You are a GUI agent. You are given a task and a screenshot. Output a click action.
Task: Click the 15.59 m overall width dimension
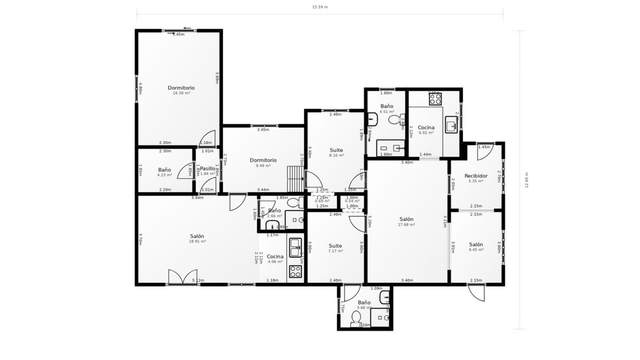(x=320, y=7)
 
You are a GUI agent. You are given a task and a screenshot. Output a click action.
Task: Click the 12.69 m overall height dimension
(x=527, y=180)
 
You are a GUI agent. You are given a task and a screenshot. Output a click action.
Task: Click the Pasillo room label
(x=207, y=169)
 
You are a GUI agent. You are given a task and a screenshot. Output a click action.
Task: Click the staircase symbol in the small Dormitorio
(x=295, y=179)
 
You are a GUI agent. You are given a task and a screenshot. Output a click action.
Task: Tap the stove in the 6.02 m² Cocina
(x=435, y=99)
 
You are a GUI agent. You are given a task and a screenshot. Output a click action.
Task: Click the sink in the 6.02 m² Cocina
(x=451, y=125)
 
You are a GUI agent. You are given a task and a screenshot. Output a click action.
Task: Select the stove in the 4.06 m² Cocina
(x=295, y=271)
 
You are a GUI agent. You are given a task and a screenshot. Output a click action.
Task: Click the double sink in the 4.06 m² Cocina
(x=295, y=247)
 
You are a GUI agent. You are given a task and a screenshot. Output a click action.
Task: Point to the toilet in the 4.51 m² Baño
(x=396, y=119)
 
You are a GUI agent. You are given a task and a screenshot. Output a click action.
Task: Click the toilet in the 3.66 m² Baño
(x=356, y=317)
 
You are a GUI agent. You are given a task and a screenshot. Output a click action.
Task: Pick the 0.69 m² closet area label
(x=322, y=201)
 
